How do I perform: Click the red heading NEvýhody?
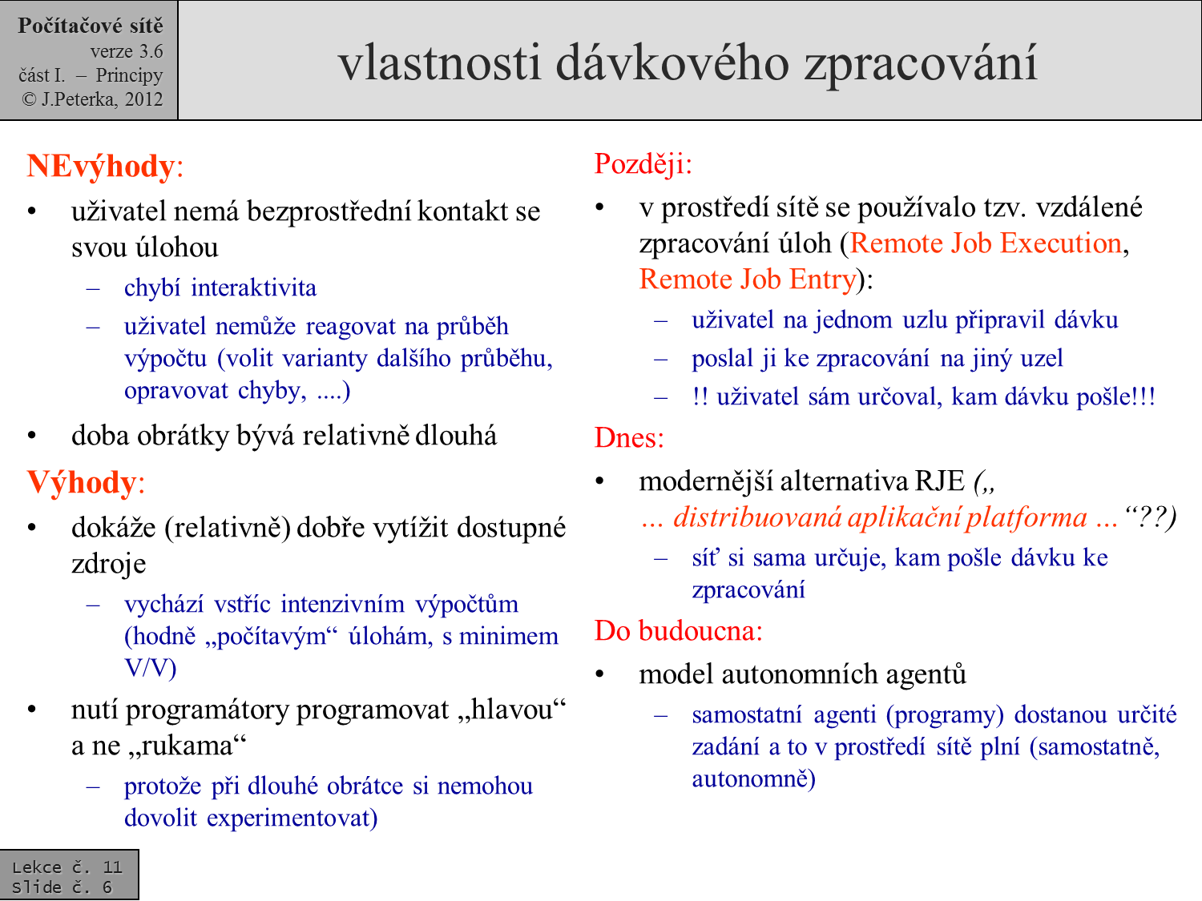click(x=101, y=166)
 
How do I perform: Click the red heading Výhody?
click(x=83, y=482)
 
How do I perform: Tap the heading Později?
click(x=642, y=163)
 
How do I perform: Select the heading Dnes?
click(x=629, y=437)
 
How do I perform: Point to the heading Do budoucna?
click(x=678, y=630)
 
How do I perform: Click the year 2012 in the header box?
click(x=143, y=99)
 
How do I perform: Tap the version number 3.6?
click(x=151, y=51)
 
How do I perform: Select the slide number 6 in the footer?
click(x=107, y=887)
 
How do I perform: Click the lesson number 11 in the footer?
click(x=112, y=867)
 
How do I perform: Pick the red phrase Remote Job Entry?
click(x=748, y=279)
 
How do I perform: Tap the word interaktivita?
click(x=253, y=288)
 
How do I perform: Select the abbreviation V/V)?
click(x=150, y=667)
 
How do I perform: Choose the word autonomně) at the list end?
click(x=753, y=778)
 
